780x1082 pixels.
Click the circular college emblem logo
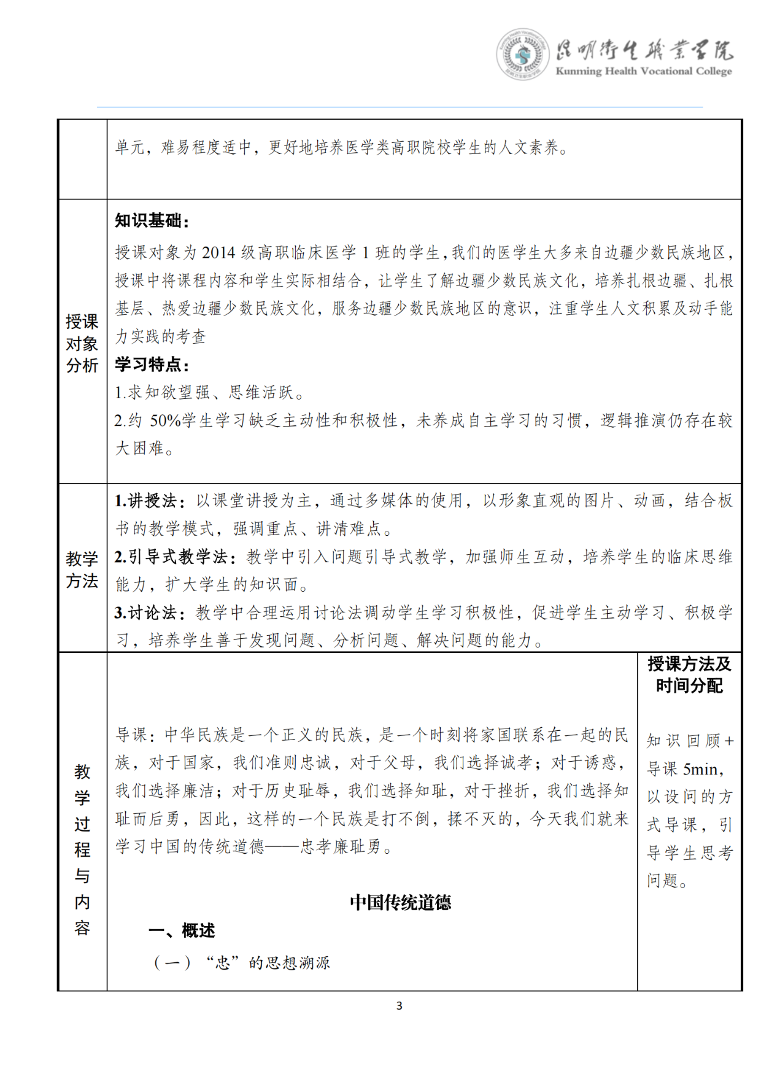pyautogui.click(x=522, y=55)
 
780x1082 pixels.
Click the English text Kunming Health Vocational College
pyautogui.click(x=643, y=71)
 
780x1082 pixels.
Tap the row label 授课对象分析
pyautogui.click(x=82, y=343)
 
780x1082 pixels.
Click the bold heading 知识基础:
pyautogui.click(x=152, y=221)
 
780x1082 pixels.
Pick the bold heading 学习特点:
pyautogui.click(x=152, y=365)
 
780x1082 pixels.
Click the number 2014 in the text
pyautogui.click(x=218, y=253)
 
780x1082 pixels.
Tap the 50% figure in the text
pyautogui.click(x=166, y=421)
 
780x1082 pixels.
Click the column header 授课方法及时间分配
pyautogui.click(x=689, y=674)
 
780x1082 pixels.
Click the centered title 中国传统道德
pyautogui.click(x=400, y=902)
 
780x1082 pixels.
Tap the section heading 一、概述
pyautogui.click(x=182, y=930)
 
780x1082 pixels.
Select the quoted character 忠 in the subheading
pyautogui.click(x=222, y=962)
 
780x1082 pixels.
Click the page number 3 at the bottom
pyautogui.click(x=400, y=1005)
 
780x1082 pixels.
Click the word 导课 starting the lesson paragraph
pyautogui.click(x=131, y=735)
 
